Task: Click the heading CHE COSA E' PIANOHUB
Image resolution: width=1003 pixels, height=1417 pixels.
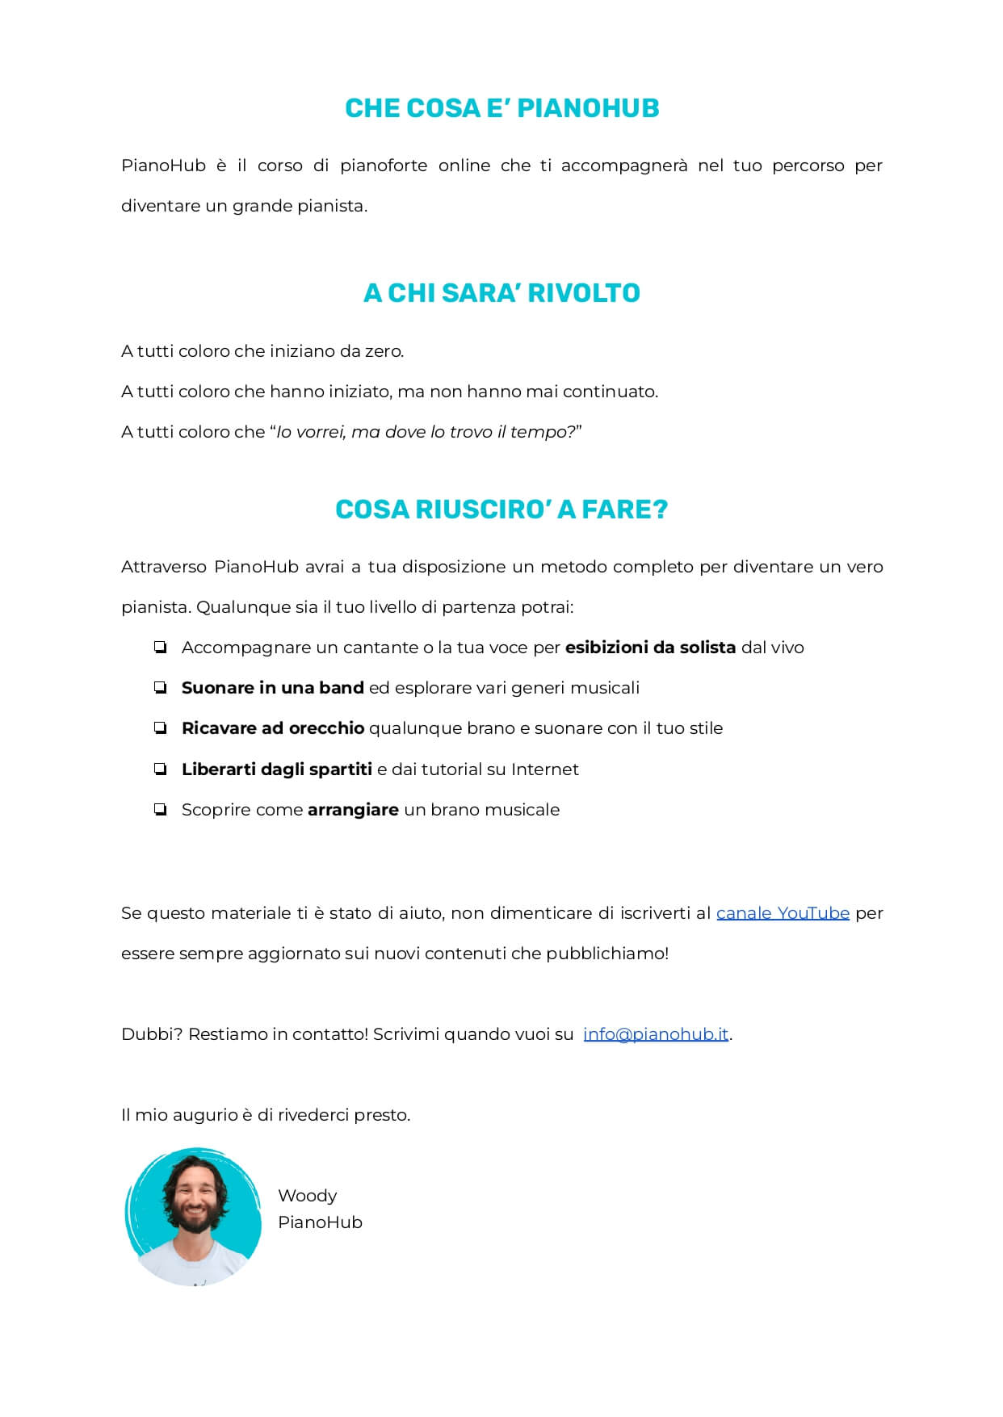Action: click(x=501, y=108)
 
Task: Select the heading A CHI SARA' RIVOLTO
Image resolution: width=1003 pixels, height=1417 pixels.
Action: click(x=501, y=292)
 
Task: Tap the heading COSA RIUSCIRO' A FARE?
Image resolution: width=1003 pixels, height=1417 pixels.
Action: click(x=501, y=509)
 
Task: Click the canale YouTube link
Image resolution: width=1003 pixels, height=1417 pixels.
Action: click(x=783, y=913)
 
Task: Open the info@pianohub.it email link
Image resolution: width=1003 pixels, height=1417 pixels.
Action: click(x=656, y=1034)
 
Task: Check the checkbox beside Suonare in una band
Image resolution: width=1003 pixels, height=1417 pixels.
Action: click(x=160, y=688)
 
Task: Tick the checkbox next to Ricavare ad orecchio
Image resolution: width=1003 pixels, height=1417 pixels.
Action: click(x=160, y=728)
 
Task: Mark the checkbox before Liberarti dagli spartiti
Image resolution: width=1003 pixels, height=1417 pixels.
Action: click(x=160, y=769)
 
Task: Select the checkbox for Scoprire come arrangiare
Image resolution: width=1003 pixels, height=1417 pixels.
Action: click(x=160, y=810)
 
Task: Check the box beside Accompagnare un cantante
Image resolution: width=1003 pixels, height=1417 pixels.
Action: click(x=160, y=648)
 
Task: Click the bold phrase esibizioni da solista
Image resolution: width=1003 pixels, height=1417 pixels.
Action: click(x=650, y=648)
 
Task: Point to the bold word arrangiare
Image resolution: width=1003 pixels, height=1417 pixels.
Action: click(x=353, y=810)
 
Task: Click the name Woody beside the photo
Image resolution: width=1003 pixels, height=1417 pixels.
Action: click(x=307, y=1196)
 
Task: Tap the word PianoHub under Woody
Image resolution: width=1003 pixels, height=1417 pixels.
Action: click(x=320, y=1222)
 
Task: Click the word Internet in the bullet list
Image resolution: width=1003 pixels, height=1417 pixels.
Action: click(x=544, y=769)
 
